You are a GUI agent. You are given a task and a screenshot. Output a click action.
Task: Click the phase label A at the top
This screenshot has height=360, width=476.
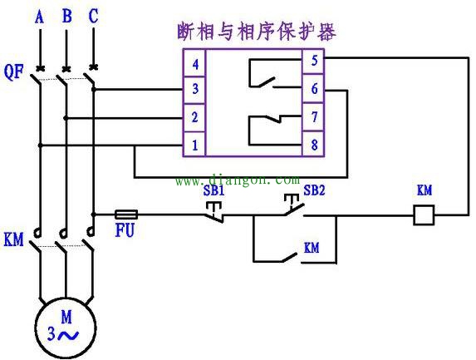pos(37,16)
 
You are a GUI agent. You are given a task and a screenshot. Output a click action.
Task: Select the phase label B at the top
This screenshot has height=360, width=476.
pos(66,16)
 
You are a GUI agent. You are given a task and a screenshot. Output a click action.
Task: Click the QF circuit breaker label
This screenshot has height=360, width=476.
pos(13,72)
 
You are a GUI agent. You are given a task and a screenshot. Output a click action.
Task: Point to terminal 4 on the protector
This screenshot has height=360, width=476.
pos(194,63)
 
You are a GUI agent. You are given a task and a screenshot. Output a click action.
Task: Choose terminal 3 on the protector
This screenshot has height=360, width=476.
pos(194,89)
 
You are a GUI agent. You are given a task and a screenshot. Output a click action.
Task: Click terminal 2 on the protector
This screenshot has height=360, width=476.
pos(194,117)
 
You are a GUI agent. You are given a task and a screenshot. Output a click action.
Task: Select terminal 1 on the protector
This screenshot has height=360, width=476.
pos(194,145)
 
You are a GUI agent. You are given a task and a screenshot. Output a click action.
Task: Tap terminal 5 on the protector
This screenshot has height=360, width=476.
pos(313,61)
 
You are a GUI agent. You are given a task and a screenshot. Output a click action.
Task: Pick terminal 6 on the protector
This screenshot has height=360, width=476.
pos(313,88)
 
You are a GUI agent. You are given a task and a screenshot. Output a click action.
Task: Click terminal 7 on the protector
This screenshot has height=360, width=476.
pos(313,117)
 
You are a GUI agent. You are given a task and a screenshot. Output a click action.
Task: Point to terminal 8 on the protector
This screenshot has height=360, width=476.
pos(313,145)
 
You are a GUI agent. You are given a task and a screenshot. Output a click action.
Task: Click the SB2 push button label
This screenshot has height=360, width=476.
pos(314,190)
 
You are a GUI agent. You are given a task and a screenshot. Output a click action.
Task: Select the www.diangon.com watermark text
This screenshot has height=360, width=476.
pos(236,179)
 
